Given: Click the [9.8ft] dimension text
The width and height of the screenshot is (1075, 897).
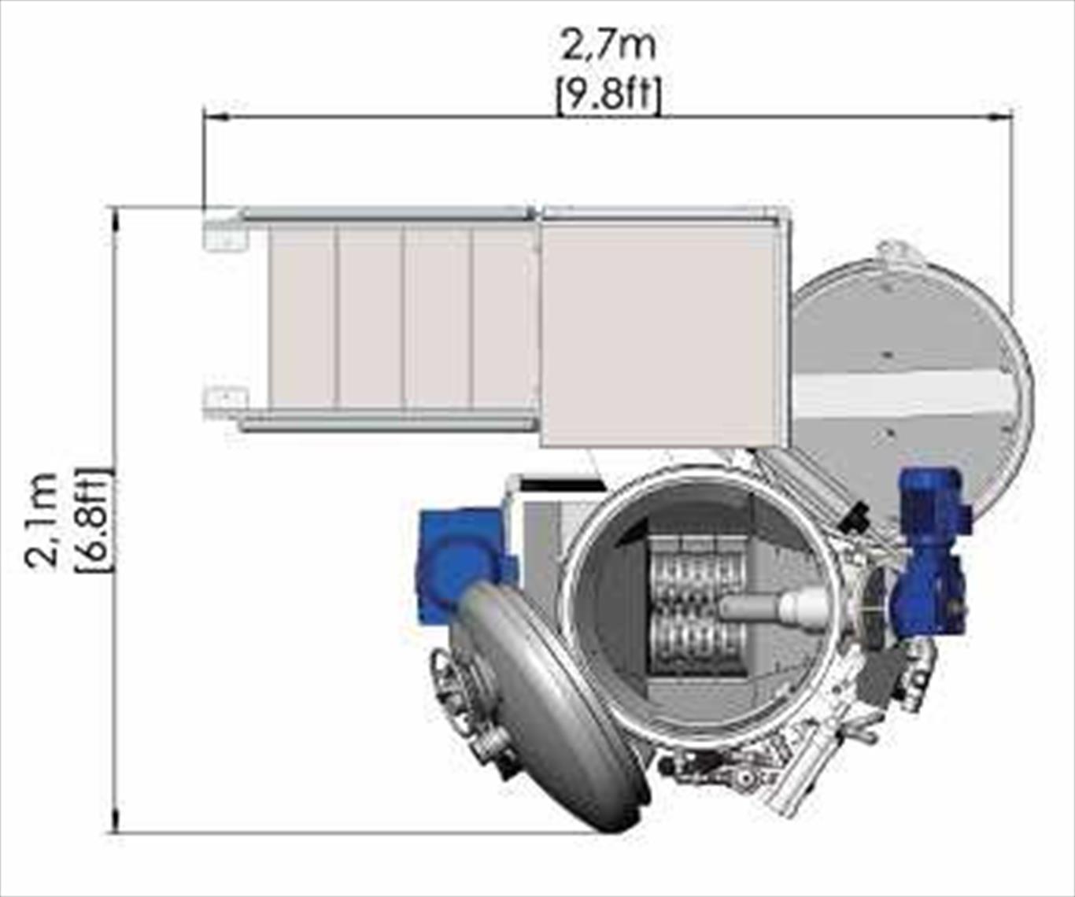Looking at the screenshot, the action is click(x=609, y=94).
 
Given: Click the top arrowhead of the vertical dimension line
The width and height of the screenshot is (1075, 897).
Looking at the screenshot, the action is click(x=118, y=220).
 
